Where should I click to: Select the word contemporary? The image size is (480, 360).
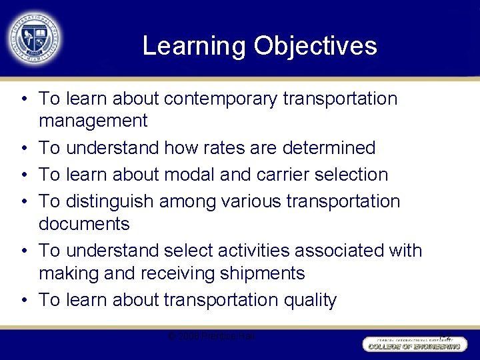[221, 99]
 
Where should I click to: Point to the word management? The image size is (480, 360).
[93, 121]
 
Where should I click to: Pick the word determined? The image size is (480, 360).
[326, 147]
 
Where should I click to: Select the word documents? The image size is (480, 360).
[84, 223]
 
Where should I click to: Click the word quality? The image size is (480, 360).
[310, 300]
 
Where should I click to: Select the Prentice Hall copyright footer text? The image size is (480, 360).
[211, 336]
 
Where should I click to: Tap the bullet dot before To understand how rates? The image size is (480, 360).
[23, 148]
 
